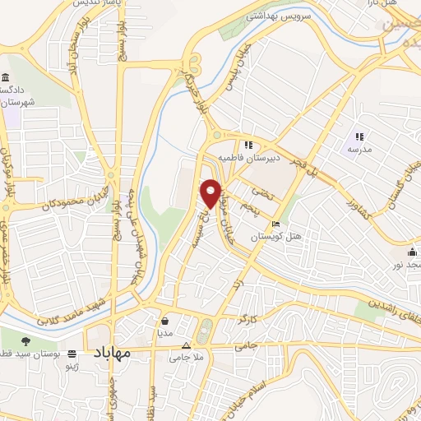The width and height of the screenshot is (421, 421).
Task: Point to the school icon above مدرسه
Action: tap(359, 136)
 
